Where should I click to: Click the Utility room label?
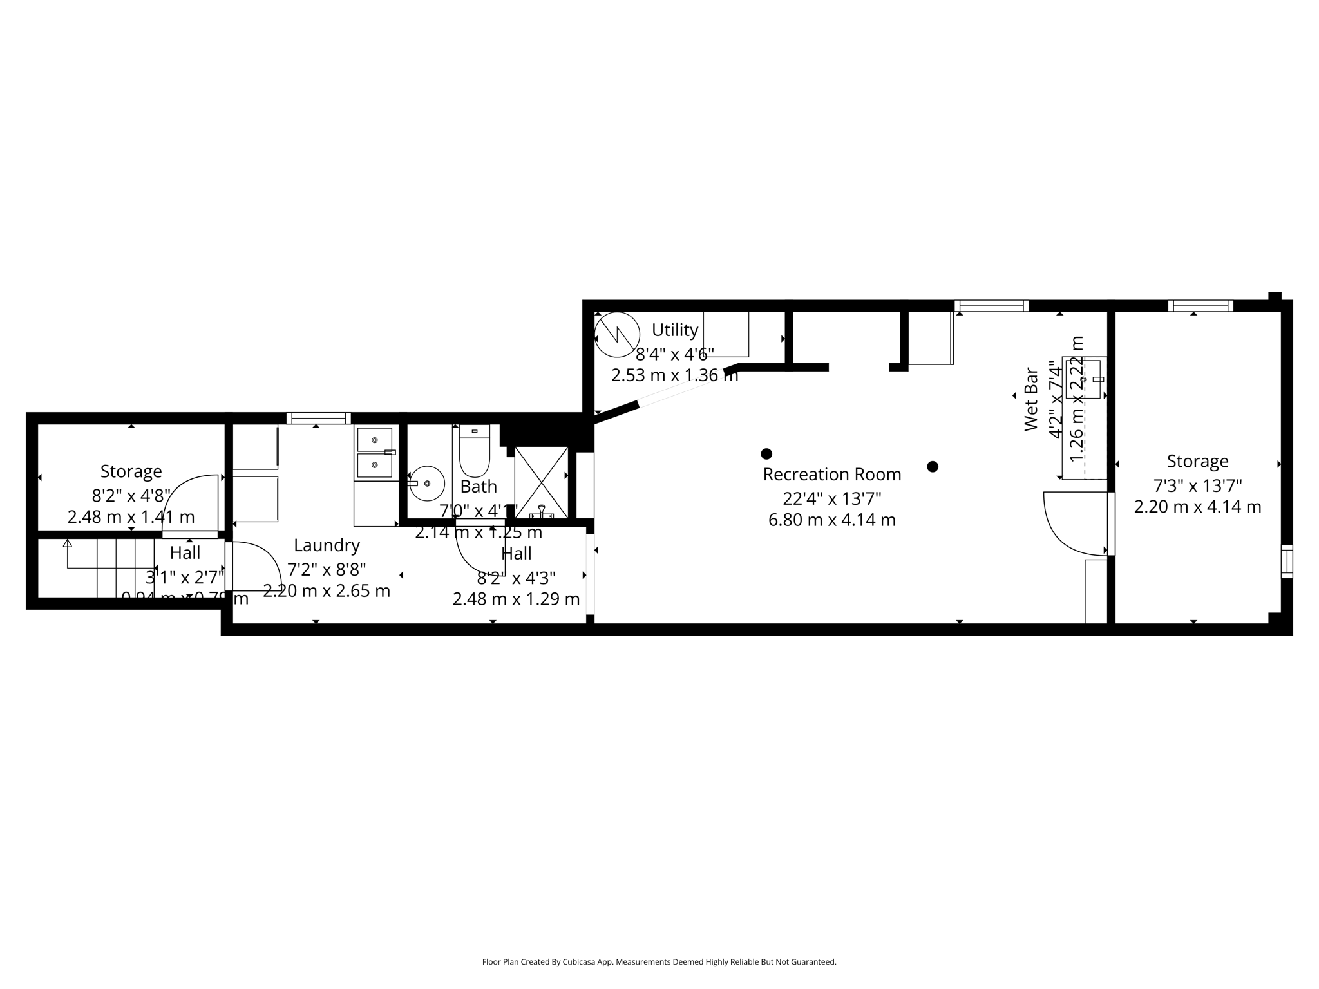674,330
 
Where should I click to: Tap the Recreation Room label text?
831,475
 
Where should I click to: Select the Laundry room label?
327,545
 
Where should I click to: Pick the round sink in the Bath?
427,484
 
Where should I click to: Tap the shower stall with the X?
541,482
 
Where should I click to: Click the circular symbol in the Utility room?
617,334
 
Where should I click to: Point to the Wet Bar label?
1031,399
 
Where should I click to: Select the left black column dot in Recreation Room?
766,454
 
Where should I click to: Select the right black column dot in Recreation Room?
933,467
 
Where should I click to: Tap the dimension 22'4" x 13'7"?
831,498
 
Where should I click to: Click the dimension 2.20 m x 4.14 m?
1197,507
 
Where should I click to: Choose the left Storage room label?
131,471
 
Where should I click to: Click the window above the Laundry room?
318,418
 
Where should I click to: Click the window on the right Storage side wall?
1286,561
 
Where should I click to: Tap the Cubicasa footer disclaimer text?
659,962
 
